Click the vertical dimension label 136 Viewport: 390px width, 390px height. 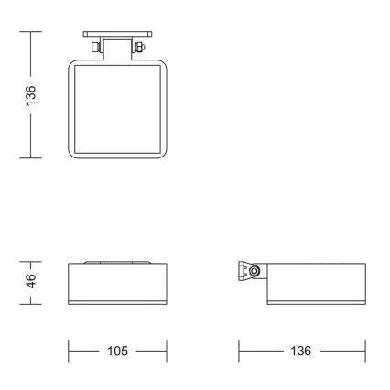pos(31,93)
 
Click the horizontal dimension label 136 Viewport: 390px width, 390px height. pos(301,351)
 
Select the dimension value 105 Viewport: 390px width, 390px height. pos(118,351)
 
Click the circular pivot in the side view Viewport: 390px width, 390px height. pos(254,270)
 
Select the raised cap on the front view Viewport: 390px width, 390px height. pos(118,262)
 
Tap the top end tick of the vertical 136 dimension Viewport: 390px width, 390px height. pos(31,32)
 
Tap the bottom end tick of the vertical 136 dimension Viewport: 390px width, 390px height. pos(31,157)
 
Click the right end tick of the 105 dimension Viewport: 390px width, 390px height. pos(167,351)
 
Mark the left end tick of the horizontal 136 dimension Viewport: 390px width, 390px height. pos(239,351)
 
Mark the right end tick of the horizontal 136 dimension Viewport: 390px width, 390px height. pos(364,351)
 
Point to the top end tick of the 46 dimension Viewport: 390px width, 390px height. pos(31,262)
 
